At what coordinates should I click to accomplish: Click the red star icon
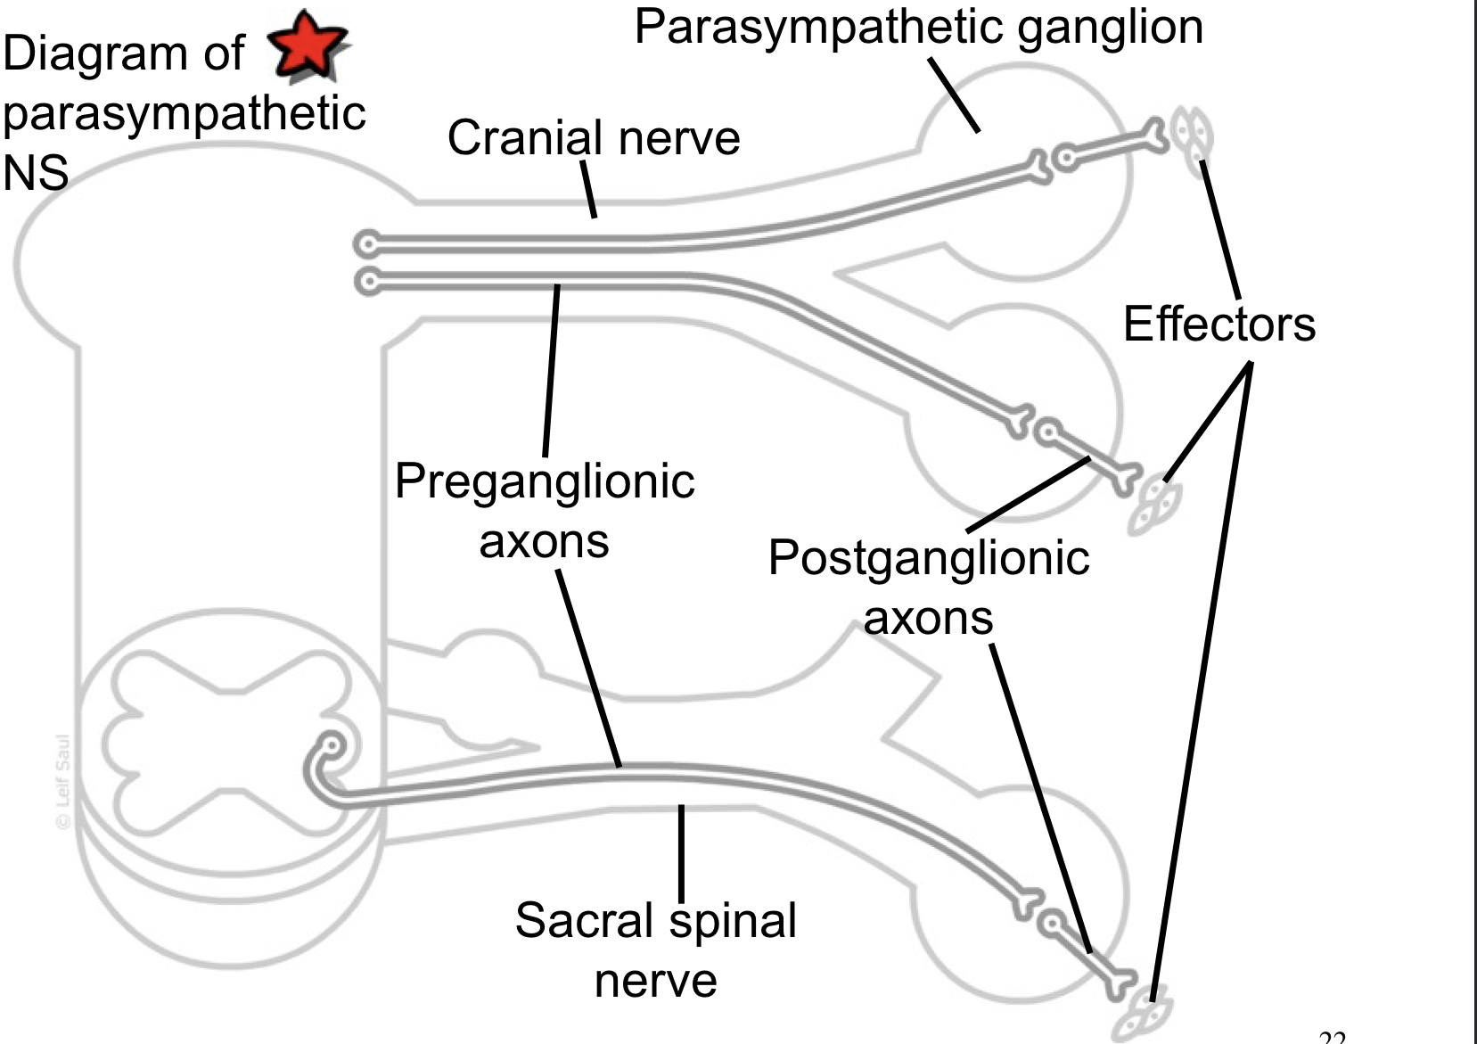[308, 44]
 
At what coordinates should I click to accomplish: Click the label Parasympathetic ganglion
[918, 27]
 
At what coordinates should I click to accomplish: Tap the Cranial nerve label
[594, 138]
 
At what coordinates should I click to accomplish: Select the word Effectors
[1219, 324]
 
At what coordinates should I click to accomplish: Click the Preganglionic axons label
[545, 511]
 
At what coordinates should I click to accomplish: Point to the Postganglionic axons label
[928, 587]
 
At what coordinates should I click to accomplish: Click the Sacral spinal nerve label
[655, 949]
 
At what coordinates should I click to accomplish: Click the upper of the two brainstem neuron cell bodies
[366, 243]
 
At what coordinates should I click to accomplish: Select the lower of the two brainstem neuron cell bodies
[366, 282]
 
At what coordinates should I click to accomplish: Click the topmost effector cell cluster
[1192, 138]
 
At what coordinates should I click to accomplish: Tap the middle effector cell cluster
[1156, 506]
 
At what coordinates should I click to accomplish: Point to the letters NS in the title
[36, 173]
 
